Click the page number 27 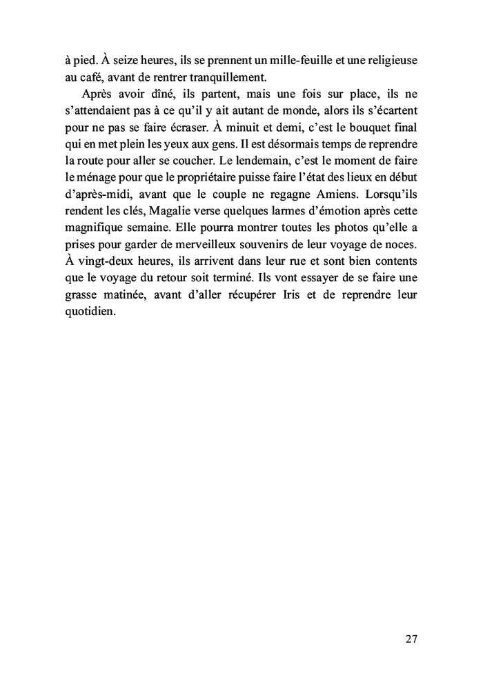[x=411, y=638]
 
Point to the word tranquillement [x=216, y=76]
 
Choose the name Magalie [x=164, y=209]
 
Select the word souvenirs [x=256, y=242]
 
